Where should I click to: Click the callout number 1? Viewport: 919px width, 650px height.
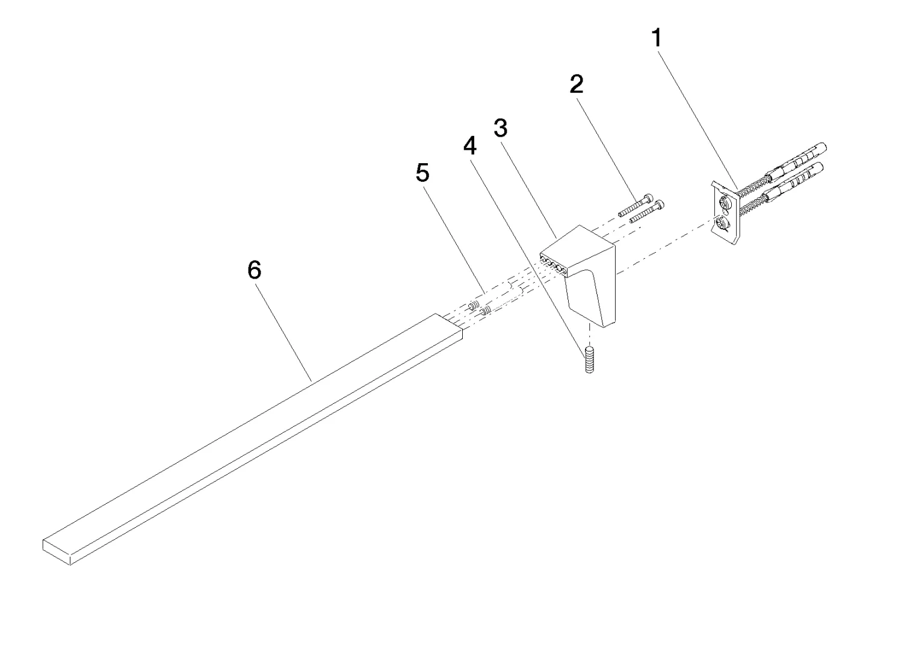[657, 38]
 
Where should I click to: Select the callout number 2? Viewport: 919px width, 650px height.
[577, 84]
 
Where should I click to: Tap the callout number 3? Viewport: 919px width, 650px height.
[501, 128]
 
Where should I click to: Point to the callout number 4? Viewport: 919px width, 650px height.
[470, 146]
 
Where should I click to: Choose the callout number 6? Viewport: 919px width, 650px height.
[255, 270]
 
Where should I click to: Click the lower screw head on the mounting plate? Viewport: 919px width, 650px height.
[723, 224]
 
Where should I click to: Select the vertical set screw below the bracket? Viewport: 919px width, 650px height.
[589, 359]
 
